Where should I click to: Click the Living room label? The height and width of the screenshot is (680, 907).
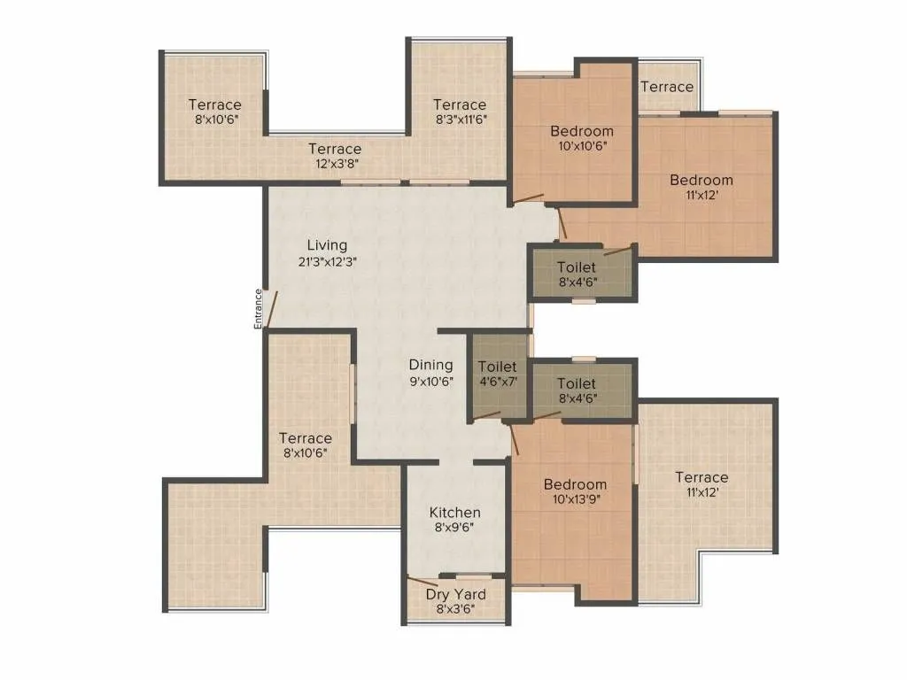tap(327, 244)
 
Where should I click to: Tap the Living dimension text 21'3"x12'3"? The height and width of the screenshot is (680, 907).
tap(327, 261)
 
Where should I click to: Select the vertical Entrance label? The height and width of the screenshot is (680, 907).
tap(259, 309)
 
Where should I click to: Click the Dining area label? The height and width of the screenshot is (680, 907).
tap(430, 365)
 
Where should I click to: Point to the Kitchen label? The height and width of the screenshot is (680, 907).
tap(454, 513)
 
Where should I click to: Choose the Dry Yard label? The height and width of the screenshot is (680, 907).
tap(454, 594)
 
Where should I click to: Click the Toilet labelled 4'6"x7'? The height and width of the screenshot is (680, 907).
tap(497, 367)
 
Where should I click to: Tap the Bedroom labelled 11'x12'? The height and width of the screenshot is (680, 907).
tap(701, 180)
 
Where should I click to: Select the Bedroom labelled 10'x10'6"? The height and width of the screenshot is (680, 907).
tap(581, 131)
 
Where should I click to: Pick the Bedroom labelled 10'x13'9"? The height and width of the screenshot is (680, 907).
tap(575, 484)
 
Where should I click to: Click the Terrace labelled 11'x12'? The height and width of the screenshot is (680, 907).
tap(701, 477)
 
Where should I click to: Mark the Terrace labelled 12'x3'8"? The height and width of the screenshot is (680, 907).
tap(335, 149)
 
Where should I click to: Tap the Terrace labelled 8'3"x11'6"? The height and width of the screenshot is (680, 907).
tap(460, 104)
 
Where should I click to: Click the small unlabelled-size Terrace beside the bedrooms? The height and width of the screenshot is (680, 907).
tap(666, 87)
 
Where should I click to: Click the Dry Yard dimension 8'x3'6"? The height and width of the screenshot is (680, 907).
tap(454, 609)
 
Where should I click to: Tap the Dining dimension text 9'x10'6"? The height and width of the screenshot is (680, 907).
tap(430, 382)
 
